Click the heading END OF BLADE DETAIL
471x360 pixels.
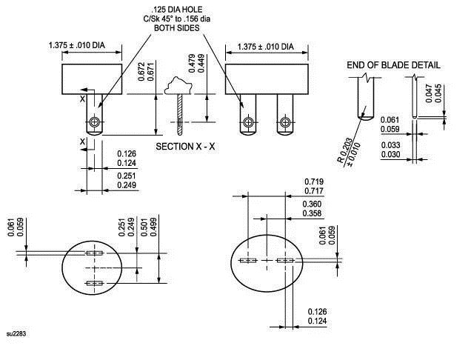point(393,65)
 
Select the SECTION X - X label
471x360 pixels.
point(185,147)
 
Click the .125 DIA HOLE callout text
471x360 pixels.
point(170,9)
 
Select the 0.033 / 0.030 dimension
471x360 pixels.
point(392,150)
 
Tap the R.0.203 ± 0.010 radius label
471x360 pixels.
point(345,152)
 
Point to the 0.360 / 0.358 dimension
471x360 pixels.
point(313,208)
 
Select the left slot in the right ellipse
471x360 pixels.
point(248,260)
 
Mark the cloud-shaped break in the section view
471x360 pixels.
point(179,85)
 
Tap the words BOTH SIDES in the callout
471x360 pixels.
point(170,28)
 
